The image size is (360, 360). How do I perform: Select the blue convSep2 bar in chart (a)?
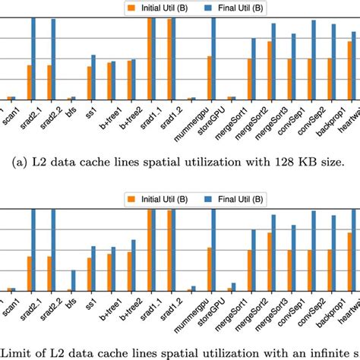point(313,60)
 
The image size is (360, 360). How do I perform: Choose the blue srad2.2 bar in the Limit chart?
point(53,251)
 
